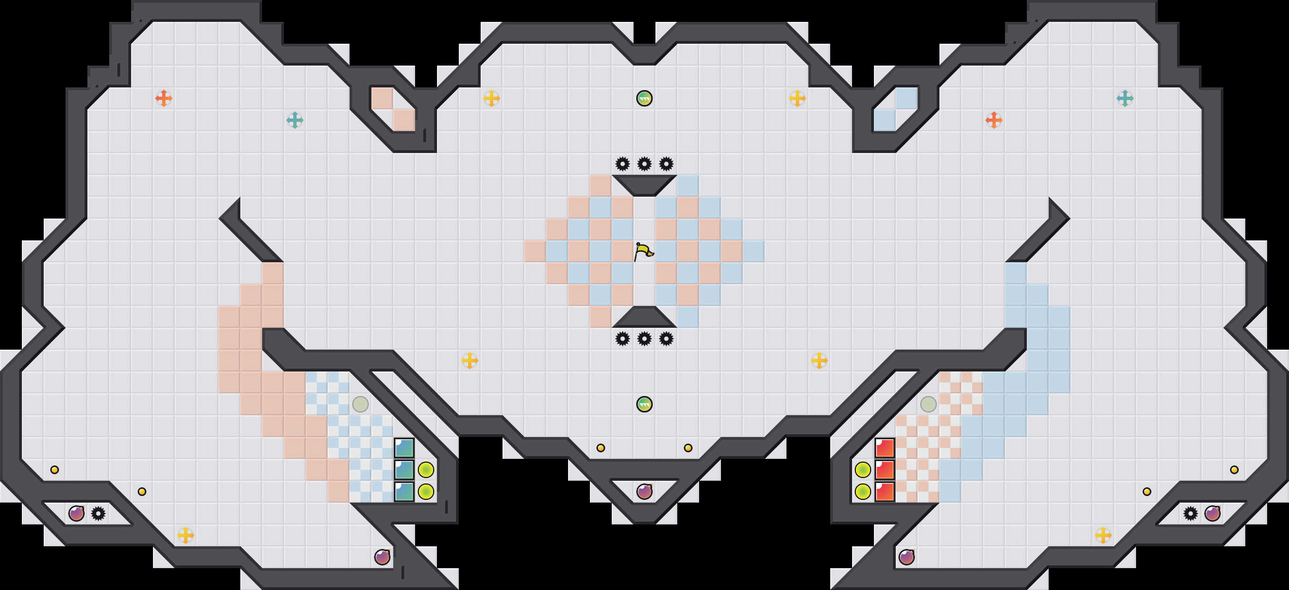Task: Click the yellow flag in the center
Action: [x=643, y=252]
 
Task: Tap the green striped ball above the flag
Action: [x=644, y=98]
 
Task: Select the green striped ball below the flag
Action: [x=644, y=404]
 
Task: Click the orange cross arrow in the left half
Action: [x=164, y=98]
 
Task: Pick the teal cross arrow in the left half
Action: [x=295, y=120]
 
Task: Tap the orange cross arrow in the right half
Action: [x=994, y=120]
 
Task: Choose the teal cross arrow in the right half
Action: [x=1125, y=98]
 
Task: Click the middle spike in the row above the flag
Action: [x=644, y=164]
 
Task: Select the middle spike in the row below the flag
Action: [x=644, y=339]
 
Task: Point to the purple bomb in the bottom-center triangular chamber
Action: [x=644, y=492]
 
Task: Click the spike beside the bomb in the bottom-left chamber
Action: [x=98, y=514]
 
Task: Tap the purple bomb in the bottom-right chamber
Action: [x=1213, y=514]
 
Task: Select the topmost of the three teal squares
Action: [x=404, y=448]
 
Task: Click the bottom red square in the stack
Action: [x=885, y=492]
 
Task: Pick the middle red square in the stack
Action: [x=885, y=470]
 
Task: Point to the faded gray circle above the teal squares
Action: [x=360, y=404]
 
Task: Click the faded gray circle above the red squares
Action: [x=929, y=404]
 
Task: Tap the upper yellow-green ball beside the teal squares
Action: [x=426, y=470]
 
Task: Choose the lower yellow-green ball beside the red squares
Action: [x=863, y=492]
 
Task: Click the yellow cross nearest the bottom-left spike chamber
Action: [x=186, y=535]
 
